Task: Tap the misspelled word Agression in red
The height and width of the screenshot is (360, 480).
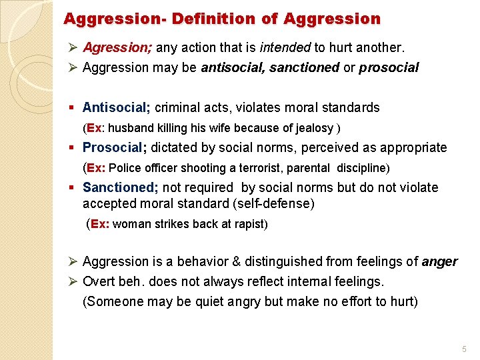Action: click(111, 48)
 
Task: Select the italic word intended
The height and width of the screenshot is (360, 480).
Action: click(285, 48)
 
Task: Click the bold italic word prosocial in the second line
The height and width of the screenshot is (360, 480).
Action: click(389, 67)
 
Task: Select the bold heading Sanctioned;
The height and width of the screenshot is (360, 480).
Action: click(119, 187)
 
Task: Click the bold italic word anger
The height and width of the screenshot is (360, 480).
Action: click(439, 261)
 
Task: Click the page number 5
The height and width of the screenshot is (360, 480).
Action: click(464, 349)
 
